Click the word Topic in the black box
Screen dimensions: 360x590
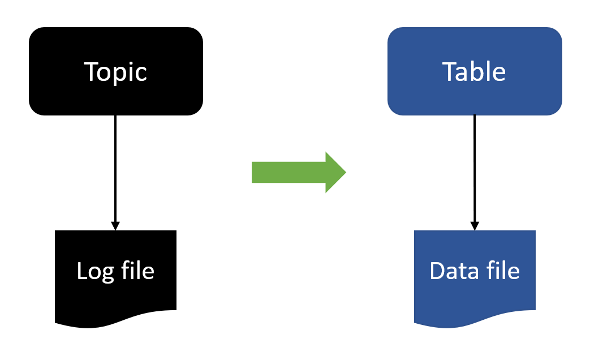click(115, 72)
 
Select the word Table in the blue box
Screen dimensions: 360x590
click(474, 72)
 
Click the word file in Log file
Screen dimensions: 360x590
click(137, 271)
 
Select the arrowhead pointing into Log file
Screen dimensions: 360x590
click(115, 226)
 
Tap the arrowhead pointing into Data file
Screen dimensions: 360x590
click(475, 226)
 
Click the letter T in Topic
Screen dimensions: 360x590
click(91, 72)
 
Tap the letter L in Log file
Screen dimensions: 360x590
click(81, 271)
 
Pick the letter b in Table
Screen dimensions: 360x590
click(480, 71)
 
